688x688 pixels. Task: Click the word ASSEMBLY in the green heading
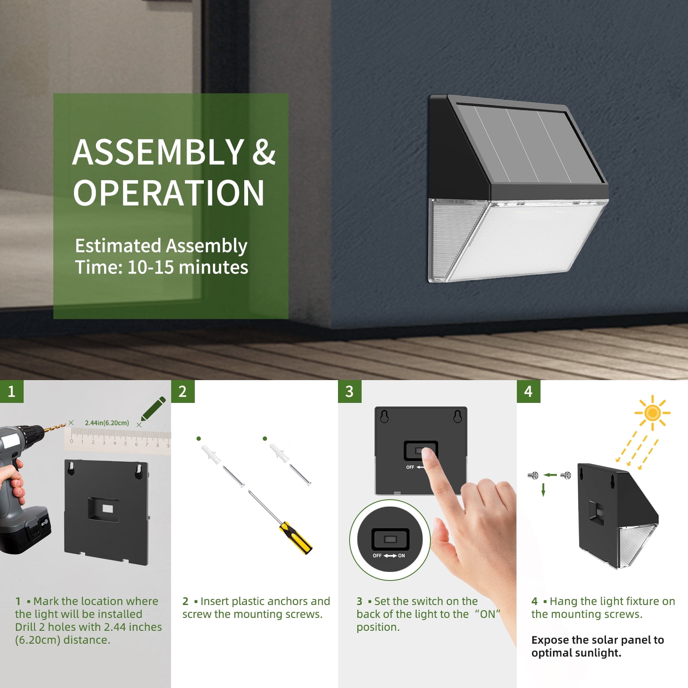pos(159,152)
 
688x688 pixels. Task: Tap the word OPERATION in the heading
pos(169,193)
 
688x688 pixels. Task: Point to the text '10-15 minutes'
pos(188,267)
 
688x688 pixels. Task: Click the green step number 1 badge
pos(12,391)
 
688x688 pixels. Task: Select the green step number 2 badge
pos(183,391)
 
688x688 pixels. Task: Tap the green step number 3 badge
pos(350,391)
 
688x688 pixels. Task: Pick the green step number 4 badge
pos(528,391)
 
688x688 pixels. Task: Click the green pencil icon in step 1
pos(154,408)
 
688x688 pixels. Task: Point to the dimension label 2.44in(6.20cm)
pos(107,423)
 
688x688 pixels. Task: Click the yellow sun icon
pos(652,413)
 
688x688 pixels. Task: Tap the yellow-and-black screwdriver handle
pos(296,537)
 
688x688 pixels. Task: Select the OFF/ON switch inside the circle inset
pos(390,539)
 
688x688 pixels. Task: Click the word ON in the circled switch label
pos(401,556)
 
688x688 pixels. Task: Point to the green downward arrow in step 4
pos(543,489)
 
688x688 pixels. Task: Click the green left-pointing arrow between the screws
pos(550,475)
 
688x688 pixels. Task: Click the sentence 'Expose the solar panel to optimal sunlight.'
pos(598,646)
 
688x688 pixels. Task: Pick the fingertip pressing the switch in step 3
pos(427,455)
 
